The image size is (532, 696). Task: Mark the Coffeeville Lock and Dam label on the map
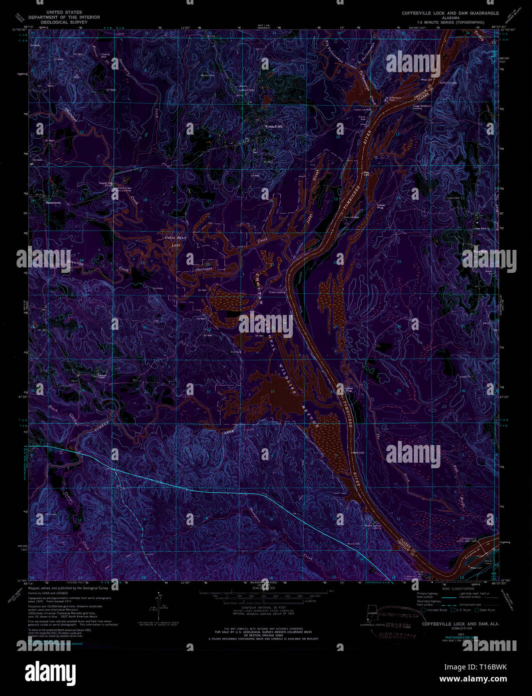469,540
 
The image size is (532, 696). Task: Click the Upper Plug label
381,206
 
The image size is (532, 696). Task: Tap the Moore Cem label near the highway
354,543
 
